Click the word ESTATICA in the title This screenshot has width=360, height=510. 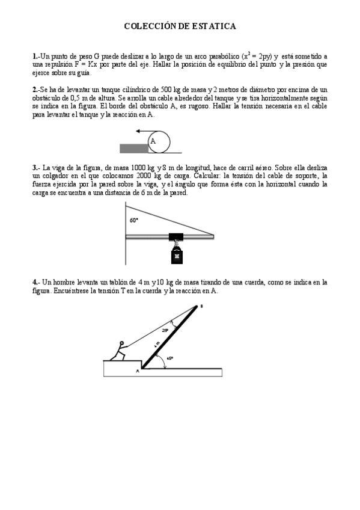pyautogui.click(x=214, y=26)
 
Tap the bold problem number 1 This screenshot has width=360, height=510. pyautogui.click(x=35, y=57)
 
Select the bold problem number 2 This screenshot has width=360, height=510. pyautogui.click(x=35, y=89)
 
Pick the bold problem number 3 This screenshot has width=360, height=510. pyautogui.click(x=35, y=167)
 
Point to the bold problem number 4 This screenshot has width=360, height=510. pyautogui.click(x=35, y=281)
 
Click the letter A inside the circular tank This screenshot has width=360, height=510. pyautogui.click(x=153, y=141)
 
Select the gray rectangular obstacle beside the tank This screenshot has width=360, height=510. pyautogui.click(x=134, y=148)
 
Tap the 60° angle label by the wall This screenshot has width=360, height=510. pyautogui.click(x=133, y=220)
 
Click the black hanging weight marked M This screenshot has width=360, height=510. pyautogui.click(x=177, y=256)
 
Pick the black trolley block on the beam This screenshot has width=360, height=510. pyautogui.click(x=176, y=236)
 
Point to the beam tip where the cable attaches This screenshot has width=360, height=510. pyautogui.click(x=212, y=235)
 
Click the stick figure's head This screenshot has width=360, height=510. pyautogui.click(x=121, y=346)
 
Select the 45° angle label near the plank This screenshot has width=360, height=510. pyautogui.click(x=170, y=358)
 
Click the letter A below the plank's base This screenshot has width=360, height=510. pyautogui.click(x=138, y=371)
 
